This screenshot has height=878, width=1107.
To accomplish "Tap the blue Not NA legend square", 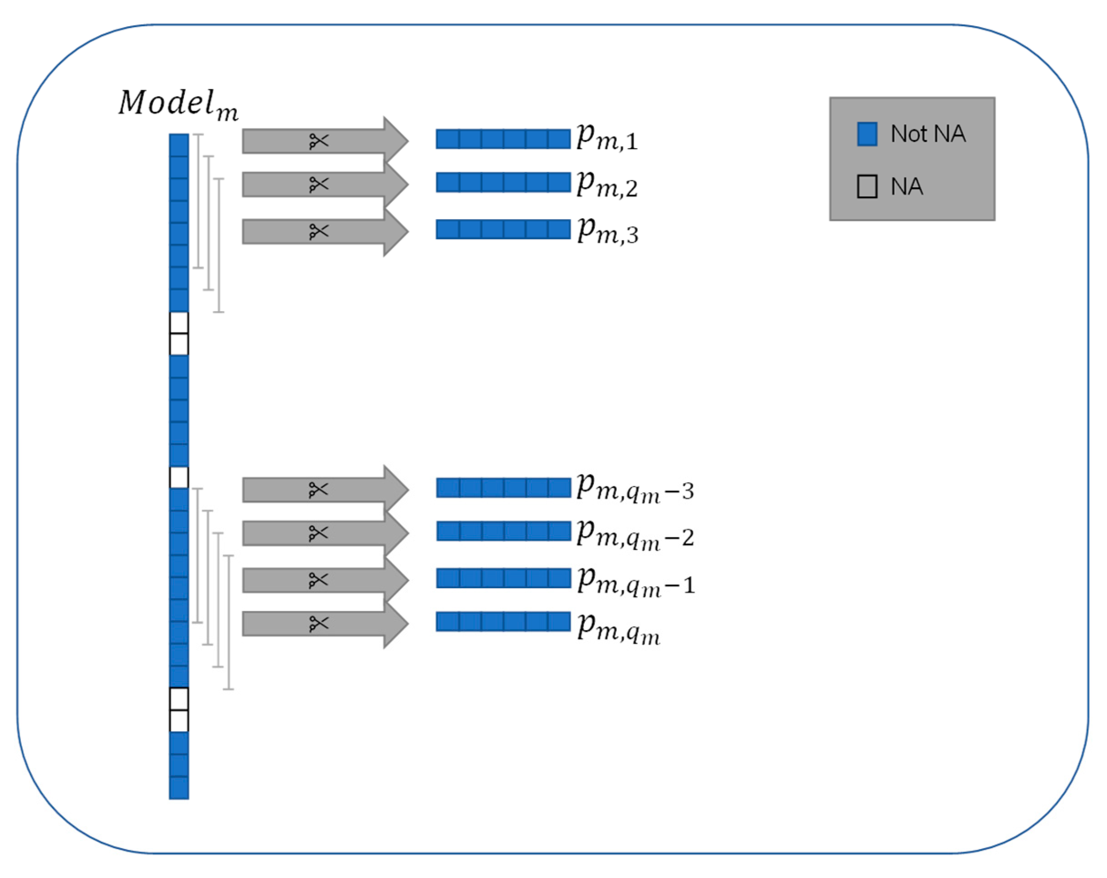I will [x=867, y=134].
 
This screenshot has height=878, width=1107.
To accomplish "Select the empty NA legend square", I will [x=867, y=186].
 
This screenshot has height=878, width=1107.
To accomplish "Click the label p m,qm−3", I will [x=635, y=488].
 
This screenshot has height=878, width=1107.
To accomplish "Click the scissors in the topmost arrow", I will [x=318, y=141].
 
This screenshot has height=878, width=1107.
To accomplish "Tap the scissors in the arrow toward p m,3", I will [x=318, y=231].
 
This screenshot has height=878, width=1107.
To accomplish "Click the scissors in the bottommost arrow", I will [x=318, y=624].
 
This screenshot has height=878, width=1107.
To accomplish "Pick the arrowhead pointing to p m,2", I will [x=396, y=184].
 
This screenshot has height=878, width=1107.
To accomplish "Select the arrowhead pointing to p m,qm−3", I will [x=396, y=489].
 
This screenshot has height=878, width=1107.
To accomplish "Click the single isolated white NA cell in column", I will [x=179, y=478].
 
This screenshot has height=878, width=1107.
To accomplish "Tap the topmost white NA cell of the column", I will [x=179, y=323].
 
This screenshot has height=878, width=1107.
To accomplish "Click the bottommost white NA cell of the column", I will [x=179, y=720].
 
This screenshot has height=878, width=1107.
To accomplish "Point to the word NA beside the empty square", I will [x=906, y=186].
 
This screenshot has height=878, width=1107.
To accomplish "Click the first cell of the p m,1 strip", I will [x=447, y=139].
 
